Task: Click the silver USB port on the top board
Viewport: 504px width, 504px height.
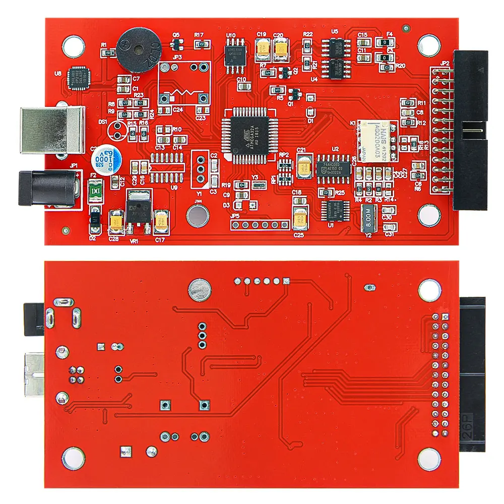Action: point(50,130)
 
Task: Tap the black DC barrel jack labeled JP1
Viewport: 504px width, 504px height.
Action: point(49,187)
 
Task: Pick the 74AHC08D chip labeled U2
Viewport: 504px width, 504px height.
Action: point(333,165)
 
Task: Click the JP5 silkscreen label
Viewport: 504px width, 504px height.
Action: point(235,216)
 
